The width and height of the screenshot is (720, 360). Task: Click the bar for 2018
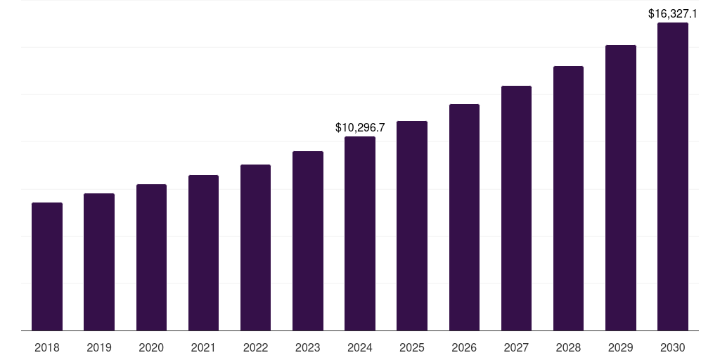(x=47, y=266)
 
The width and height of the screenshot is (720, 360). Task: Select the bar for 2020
(x=151, y=257)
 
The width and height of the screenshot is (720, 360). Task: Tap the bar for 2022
(x=255, y=247)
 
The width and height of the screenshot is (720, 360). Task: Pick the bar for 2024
(x=360, y=233)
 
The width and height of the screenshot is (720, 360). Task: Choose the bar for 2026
(x=464, y=217)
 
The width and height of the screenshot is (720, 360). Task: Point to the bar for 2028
(x=568, y=198)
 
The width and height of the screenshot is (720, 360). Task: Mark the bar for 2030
(x=673, y=176)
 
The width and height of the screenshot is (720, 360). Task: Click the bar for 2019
(x=99, y=262)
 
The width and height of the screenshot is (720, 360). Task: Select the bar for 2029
(x=621, y=188)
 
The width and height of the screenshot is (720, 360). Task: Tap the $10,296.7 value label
(x=360, y=127)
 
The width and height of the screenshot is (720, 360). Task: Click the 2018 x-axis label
(x=47, y=347)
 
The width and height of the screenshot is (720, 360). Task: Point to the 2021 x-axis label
(x=203, y=347)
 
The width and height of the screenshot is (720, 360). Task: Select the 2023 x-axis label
(x=308, y=347)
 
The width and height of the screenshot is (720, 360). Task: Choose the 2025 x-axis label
(x=412, y=347)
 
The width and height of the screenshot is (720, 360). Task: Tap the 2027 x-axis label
(x=516, y=347)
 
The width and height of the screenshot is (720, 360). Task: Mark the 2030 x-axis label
(x=673, y=347)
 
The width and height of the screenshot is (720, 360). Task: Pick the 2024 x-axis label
(x=360, y=347)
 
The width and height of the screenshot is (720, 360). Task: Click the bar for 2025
(x=412, y=226)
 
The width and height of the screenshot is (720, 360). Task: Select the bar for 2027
(x=516, y=208)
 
